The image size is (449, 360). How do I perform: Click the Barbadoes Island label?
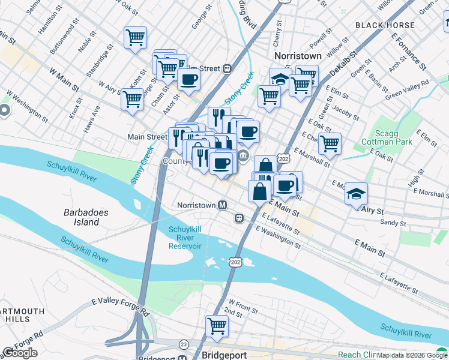click(x=82, y=217)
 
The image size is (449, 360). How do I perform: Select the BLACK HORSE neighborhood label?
click(x=385, y=25)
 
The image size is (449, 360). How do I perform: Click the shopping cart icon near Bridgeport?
click(x=217, y=326)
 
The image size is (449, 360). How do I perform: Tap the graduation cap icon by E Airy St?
click(x=356, y=193)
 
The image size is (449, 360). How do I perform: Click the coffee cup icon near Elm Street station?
click(x=188, y=79)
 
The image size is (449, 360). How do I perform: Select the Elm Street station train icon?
click(x=228, y=68)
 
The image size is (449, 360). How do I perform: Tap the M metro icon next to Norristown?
click(x=223, y=205)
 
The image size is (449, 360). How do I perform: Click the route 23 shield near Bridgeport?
click(x=183, y=344)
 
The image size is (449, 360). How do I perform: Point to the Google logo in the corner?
click(x=20, y=353)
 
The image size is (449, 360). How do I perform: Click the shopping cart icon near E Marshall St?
click(x=330, y=143)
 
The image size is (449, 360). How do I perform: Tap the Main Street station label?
click(x=147, y=137)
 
